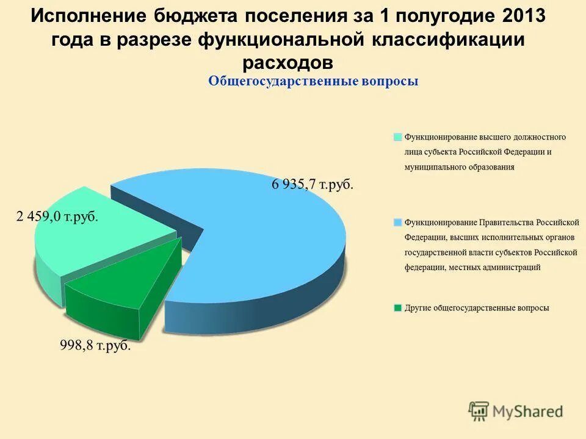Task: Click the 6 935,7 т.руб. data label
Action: [x=312, y=185]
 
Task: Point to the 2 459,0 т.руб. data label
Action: [x=57, y=217]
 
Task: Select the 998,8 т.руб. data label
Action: [x=95, y=346]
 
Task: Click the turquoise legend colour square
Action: [x=398, y=137]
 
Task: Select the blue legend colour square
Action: [x=398, y=223]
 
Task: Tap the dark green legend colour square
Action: [x=398, y=308]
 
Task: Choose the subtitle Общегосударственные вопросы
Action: [x=313, y=81]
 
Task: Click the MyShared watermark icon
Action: [x=479, y=412]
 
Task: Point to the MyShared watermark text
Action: [x=528, y=412]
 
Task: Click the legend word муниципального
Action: [x=439, y=166]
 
